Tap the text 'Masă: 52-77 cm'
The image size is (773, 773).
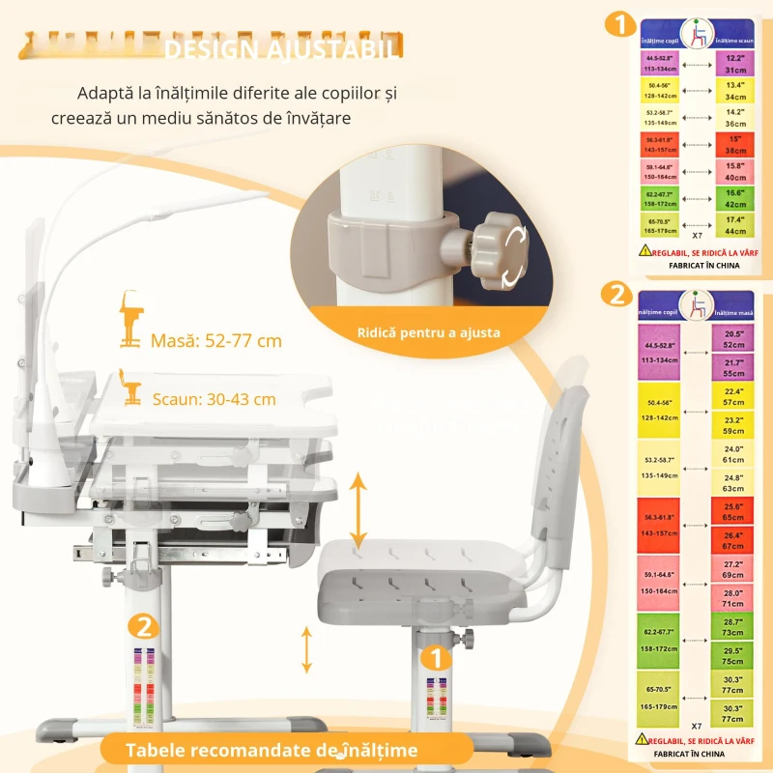(215, 340)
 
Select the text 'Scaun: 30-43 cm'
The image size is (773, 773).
(214, 398)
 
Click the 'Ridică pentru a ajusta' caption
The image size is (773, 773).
(428, 332)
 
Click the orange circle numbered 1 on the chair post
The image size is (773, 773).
(436, 659)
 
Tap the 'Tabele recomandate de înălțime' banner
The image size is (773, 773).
(272, 750)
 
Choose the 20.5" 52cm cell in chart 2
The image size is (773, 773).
(733, 338)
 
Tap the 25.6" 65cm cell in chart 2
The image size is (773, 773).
(733, 511)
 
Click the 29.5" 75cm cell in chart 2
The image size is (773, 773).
(733, 656)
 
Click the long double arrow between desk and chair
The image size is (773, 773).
(358, 511)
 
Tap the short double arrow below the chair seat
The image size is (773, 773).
(307, 649)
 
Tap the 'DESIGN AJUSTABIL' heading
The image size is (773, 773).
(280, 47)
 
